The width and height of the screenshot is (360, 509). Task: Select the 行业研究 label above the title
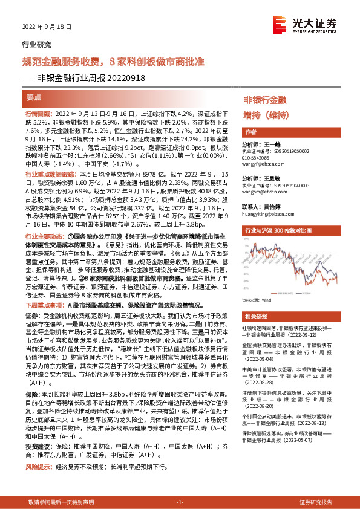[x=36, y=44]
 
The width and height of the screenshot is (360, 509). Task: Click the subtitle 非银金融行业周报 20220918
[x=83, y=76]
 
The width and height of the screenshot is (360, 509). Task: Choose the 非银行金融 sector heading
[x=265, y=99]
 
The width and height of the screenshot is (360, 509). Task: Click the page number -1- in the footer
[x=180, y=502]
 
